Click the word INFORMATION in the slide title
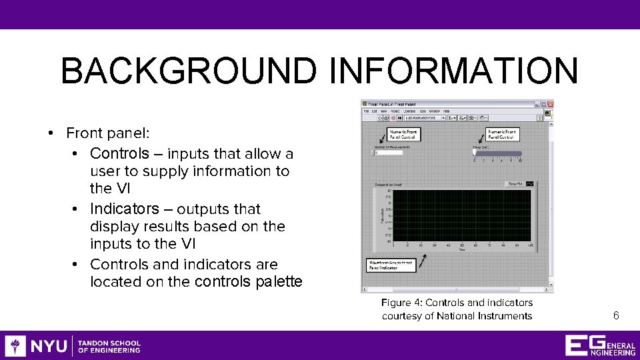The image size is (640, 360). (454, 71)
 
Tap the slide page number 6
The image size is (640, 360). (616, 315)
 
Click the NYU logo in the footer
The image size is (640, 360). (37, 346)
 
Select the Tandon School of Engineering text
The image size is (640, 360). (109, 346)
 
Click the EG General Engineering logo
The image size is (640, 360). (599, 345)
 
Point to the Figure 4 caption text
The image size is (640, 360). (457, 309)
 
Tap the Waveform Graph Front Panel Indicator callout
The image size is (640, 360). (390, 265)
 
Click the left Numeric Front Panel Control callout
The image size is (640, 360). (403, 134)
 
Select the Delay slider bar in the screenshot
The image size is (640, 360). (497, 153)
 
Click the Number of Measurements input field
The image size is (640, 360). (389, 153)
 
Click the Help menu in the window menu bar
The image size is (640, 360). (447, 111)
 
